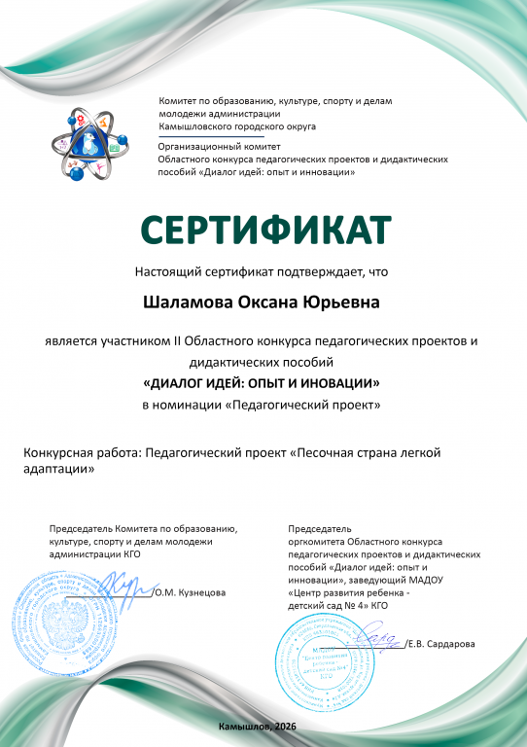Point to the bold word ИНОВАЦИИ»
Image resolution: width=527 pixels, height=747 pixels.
coord(340,382)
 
